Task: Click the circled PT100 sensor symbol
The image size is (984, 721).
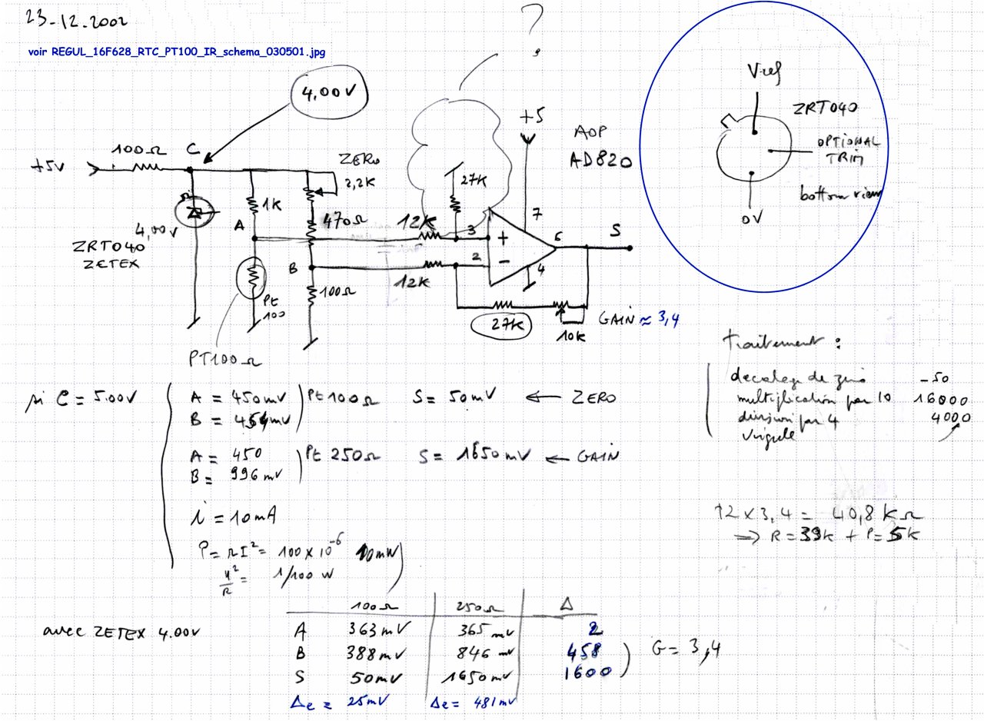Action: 251,277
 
